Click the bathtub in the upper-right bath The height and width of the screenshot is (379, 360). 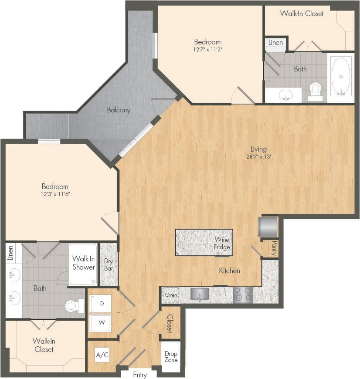(341, 77)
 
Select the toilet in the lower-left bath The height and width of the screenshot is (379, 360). (75, 306)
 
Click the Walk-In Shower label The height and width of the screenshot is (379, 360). (84, 263)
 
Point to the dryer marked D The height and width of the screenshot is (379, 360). (101, 303)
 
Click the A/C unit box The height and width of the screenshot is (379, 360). (102, 355)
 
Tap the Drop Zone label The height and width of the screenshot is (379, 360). (171, 357)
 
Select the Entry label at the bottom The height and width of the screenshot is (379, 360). (140, 375)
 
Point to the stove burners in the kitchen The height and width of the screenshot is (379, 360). (243, 295)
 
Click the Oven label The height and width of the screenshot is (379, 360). (171, 295)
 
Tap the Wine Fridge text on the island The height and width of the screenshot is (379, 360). (222, 244)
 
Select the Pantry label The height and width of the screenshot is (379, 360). (274, 248)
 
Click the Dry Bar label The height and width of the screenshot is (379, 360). (109, 264)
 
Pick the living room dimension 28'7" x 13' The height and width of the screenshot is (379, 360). (259, 157)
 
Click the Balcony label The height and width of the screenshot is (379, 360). (119, 110)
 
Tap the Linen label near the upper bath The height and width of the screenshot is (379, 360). (275, 43)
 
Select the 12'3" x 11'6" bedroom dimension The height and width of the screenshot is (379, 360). (55, 194)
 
